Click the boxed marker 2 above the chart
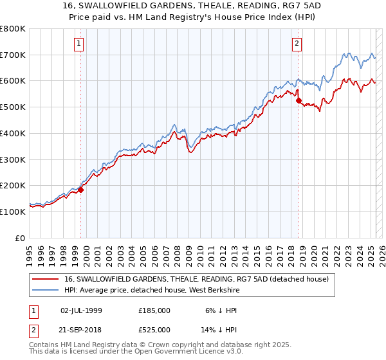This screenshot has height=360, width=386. coord(297,44)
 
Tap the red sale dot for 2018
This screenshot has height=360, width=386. coord(299,100)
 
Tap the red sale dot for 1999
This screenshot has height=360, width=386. coord(81,189)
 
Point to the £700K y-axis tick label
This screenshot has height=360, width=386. coord(13,55)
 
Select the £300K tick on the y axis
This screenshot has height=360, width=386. coord(13,159)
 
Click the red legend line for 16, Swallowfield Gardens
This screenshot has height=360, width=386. coord(46,279)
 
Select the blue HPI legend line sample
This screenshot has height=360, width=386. coord(46,290)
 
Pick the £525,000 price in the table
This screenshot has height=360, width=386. coord(154,330)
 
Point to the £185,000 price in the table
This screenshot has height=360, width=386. coord(154,310)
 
